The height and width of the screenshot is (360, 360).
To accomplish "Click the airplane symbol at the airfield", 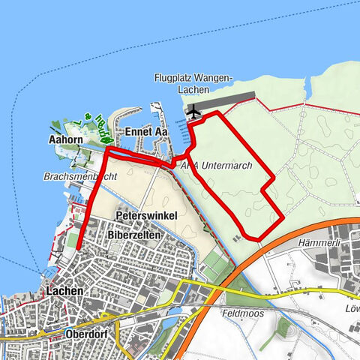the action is [195, 112].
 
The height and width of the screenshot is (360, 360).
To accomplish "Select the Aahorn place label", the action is [65, 139].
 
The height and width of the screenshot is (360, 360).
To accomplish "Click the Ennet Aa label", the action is [145, 132].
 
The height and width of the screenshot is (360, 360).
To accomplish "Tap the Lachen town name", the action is [64, 290].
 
